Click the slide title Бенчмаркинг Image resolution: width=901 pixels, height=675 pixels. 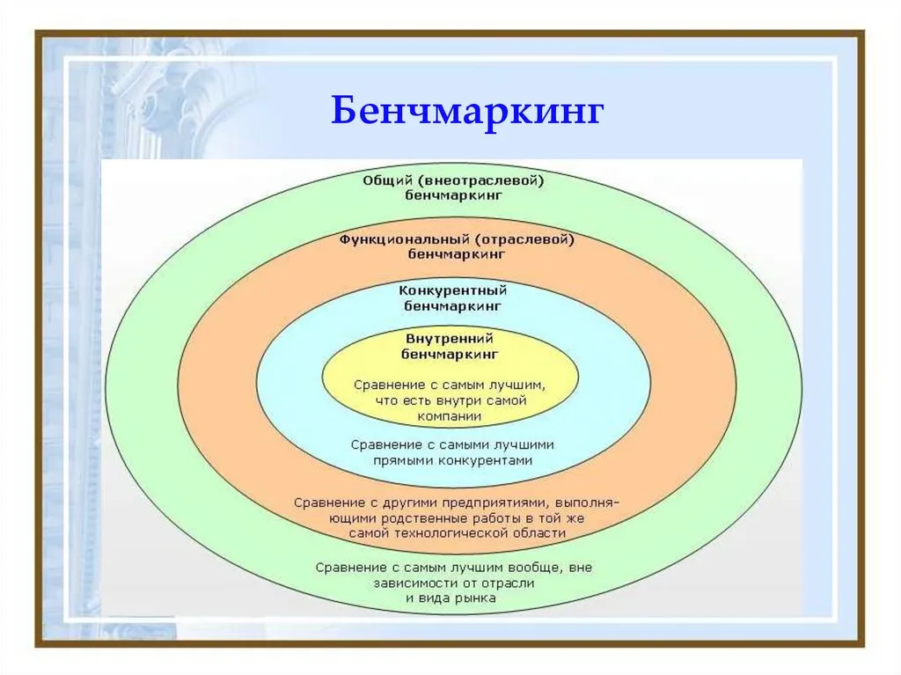[x=467, y=109]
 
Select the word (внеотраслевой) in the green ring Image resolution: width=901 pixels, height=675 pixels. [x=481, y=180]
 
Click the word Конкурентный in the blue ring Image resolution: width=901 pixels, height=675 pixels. [x=453, y=290]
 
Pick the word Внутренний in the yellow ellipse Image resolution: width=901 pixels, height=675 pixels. [x=450, y=338]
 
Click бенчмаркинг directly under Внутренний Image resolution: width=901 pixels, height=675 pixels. [x=450, y=354]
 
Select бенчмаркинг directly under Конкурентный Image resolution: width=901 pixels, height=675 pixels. [x=453, y=306]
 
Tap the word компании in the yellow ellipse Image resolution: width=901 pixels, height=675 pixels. [x=450, y=415]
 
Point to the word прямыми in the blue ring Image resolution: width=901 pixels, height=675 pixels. [x=403, y=461]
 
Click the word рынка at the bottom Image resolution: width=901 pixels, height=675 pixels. [x=475, y=598]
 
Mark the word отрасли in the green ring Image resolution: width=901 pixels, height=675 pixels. [x=508, y=583]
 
